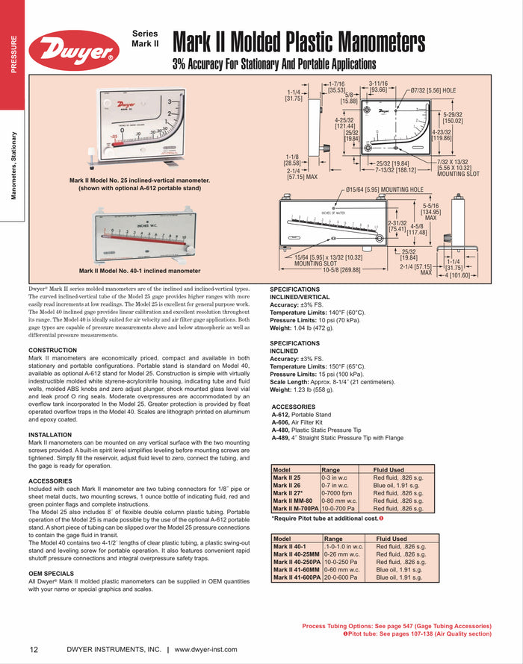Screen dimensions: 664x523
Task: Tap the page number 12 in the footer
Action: click(x=34, y=649)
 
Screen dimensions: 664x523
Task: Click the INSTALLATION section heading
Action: click(x=50, y=434)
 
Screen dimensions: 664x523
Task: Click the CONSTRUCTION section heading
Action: click(x=52, y=350)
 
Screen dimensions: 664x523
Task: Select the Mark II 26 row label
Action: click(x=287, y=486)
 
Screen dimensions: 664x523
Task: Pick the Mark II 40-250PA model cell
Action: click(x=297, y=562)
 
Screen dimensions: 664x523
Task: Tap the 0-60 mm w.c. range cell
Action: click(x=345, y=569)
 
